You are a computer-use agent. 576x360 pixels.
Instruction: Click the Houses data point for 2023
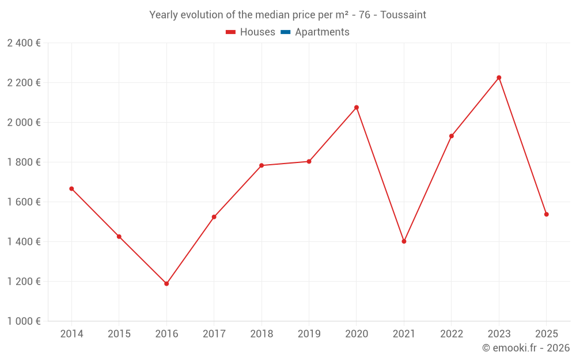click(499, 78)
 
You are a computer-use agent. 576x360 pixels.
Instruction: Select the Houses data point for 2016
click(166, 283)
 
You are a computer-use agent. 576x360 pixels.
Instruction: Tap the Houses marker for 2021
click(404, 241)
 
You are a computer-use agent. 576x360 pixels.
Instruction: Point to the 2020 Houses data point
click(357, 107)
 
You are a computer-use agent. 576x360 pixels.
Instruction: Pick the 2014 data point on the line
click(71, 188)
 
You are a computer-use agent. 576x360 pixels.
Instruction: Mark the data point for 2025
click(546, 214)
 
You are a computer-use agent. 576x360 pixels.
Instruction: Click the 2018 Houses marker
click(262, 165)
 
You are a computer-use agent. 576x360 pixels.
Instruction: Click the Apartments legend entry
click(322, 32)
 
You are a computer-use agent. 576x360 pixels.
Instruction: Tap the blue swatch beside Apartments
click(285, 32)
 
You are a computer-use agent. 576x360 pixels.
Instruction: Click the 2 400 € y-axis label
click(24, 43)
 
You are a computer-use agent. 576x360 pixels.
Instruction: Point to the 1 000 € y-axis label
click(24, 321)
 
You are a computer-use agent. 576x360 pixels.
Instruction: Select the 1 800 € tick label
click(24, 162)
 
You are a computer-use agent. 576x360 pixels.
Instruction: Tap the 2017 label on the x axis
click(214, 334)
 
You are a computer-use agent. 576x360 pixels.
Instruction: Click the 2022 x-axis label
click(451, 334)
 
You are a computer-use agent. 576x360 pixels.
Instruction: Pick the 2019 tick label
click(309, 334)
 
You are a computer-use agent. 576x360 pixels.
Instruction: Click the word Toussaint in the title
click(403, 15)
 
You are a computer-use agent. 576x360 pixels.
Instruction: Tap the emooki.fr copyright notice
click(526, 348)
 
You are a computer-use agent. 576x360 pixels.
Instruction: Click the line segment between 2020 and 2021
click(380, 174)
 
